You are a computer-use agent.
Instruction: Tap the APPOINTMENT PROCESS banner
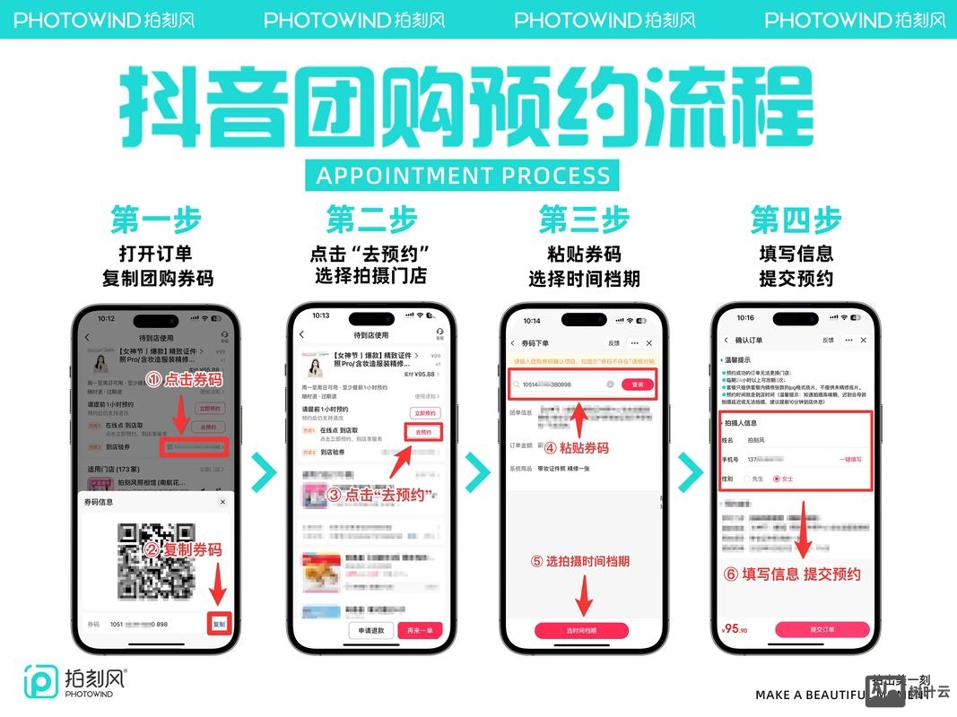[463, 174]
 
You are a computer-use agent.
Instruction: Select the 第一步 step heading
[156, 220]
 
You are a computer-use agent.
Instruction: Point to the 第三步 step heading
[583, 220]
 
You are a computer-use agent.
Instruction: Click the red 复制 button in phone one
[219, 624]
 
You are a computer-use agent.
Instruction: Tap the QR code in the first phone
[156, 560]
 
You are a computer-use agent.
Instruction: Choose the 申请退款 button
[371, 630]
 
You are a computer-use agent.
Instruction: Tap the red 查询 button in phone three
[638, 384]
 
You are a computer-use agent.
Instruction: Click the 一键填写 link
[850, 459]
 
